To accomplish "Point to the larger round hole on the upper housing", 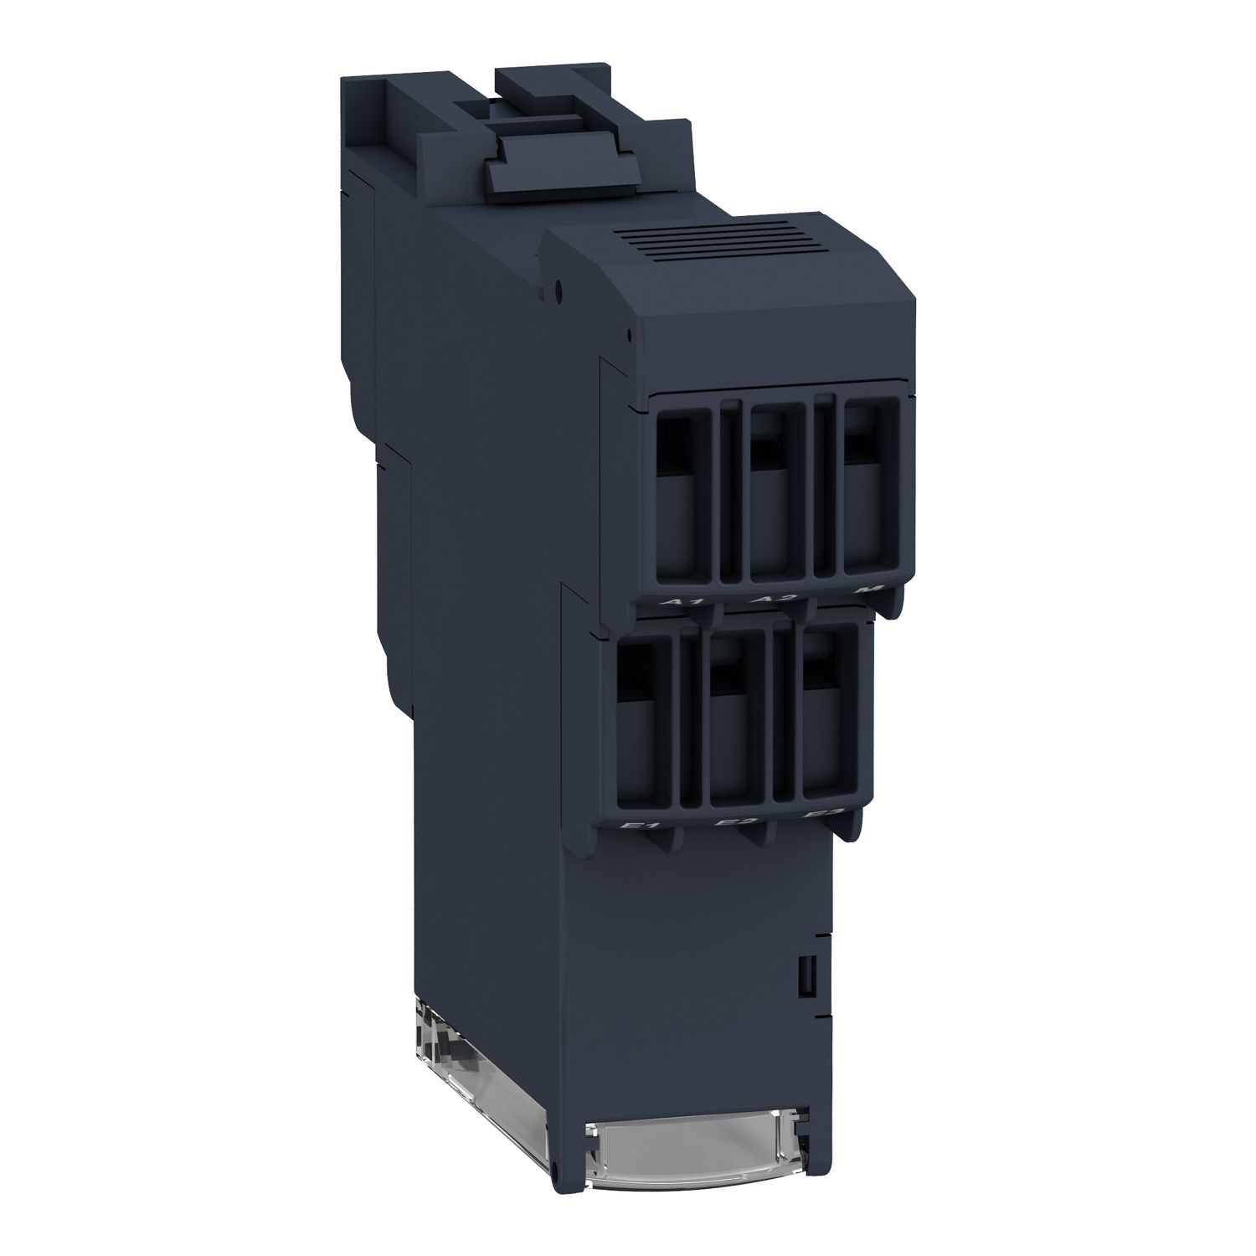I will click(559, 291).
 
